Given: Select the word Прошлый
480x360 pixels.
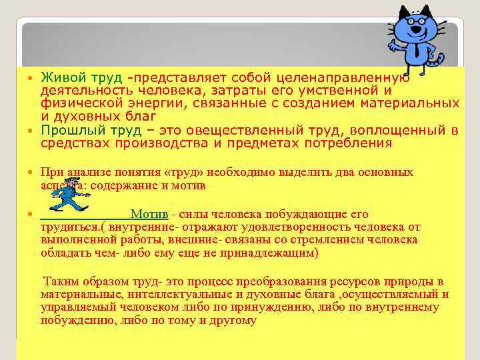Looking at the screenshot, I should coord(67,131).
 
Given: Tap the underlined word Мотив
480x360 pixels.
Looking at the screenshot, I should coord(149,214).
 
